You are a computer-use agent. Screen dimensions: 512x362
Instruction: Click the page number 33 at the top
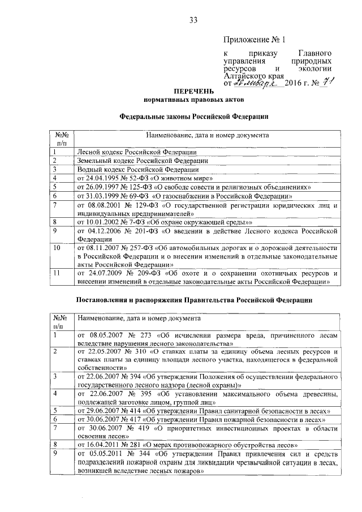tap(193, 20)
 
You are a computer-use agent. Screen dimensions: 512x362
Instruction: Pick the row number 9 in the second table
tap(54, 453)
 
